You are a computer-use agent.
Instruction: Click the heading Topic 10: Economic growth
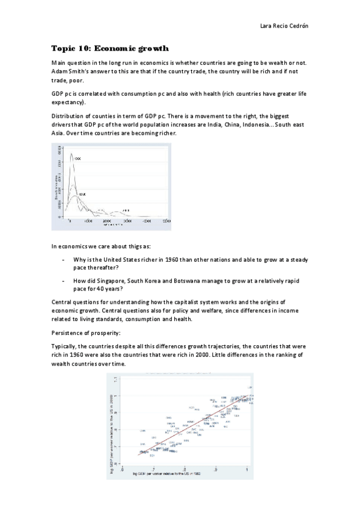coord(110,48)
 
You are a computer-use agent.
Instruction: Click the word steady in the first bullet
coord(297,259)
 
